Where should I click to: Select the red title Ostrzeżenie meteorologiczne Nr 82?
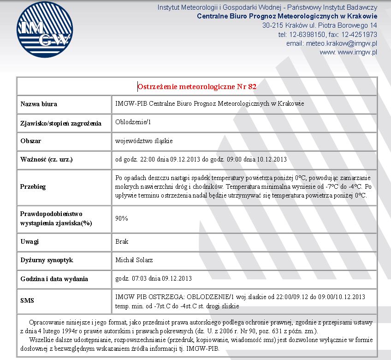(x=197, y=86)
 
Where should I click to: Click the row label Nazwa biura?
(x=39, y=104)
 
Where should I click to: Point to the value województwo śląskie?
(x=144, y=141)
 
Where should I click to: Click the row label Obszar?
(x=31, y=141)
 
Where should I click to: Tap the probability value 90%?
(x=122, y=218)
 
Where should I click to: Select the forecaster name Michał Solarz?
(x=134, y=260)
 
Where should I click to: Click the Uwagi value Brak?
(x=121, y=241)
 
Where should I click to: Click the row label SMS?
(x=27, y=300)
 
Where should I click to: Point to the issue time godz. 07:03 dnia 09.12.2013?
(x=153, y=278)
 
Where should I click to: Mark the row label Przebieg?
(x=33, y=187)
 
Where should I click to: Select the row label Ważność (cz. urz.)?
(x=47, y=160)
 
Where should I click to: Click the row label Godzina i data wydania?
(x=54, y=279)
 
